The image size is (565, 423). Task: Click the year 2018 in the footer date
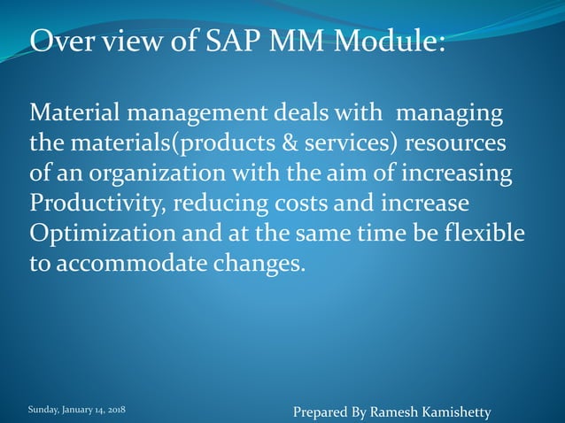point(115,411)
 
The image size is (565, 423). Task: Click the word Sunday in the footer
point(43,411)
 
